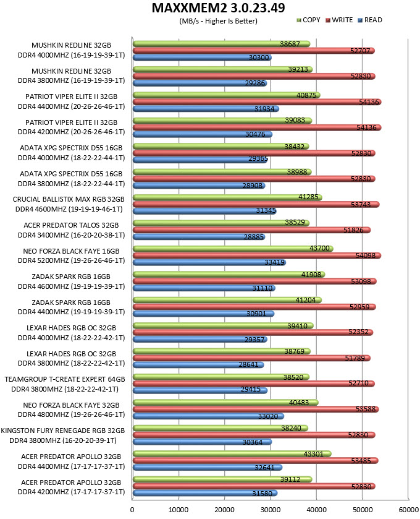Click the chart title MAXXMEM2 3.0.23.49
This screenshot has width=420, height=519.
(x=218, y=8)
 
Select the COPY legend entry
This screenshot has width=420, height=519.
(x=308, y=20)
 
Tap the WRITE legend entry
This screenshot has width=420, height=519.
(x=339, y=20)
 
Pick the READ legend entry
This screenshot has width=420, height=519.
(x=370, y=20)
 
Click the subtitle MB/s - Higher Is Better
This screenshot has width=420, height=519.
(x=218, y=21)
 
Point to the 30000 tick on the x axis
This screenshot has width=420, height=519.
(x=271, y=510)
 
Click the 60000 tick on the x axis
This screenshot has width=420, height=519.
(x=408, y=510)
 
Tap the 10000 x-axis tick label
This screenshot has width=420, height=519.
(x=178, y=510)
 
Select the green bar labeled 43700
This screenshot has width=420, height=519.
(x=233, y=249)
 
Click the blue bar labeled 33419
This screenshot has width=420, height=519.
(x=209, y=262)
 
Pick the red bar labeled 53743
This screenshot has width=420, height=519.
(x=256, y=205)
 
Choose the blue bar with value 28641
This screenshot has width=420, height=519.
(x=198, y=365)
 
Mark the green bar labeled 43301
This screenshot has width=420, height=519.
(x=232, y=454)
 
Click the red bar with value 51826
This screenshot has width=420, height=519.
(x=252, y=230)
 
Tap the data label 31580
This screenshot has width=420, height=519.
(x=262, y=494)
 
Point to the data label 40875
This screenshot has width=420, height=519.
(x=306, y=95)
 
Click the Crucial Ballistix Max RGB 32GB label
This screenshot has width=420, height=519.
(x=69, y=199)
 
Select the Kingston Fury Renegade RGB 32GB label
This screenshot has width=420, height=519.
(x=63, y=431)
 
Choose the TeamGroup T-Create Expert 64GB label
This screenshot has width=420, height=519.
(x=65, y=379)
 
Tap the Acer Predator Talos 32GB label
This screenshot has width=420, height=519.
(x=71, y=225)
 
